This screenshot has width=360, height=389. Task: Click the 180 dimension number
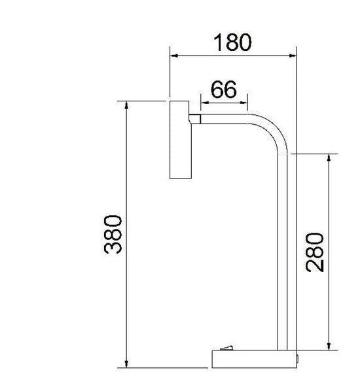coord(232,42)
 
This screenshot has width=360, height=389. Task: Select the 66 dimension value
coord(224,90)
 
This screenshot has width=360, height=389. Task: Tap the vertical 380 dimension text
coord(113,234)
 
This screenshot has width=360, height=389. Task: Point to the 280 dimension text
coord(315,252)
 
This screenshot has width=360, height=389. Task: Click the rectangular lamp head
coord(181,140)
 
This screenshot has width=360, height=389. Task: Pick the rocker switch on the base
coord(226,348)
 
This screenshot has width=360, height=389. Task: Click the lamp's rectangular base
coord(254,359)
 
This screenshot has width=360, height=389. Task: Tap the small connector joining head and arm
coord(194,119)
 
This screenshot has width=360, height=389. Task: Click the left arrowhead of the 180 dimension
coord(173,56)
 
